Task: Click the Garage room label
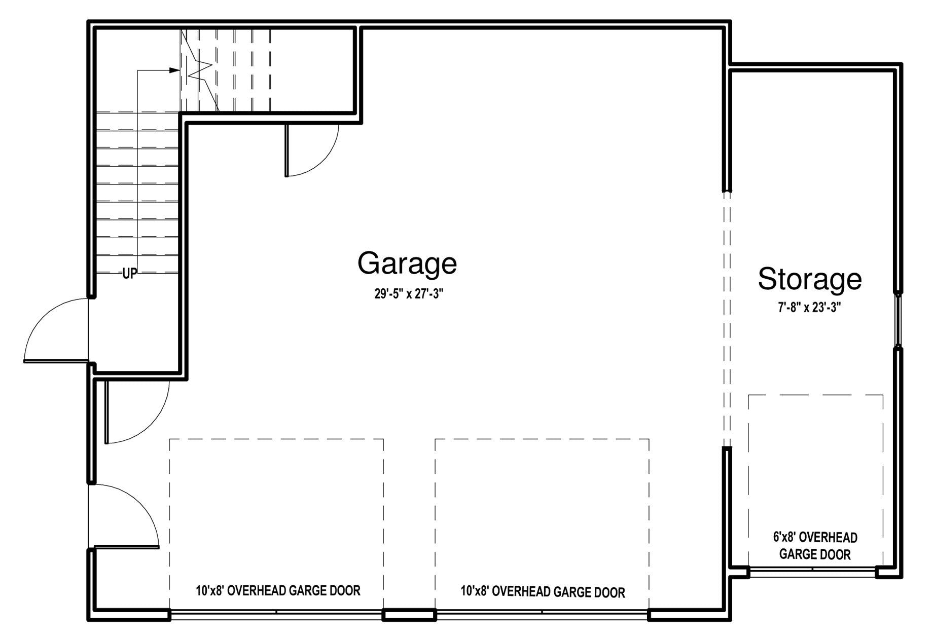[x=407, y=264]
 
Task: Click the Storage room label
[x=810, y=279]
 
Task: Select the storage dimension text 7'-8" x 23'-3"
[x=810, y=308]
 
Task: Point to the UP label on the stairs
[x=129, y=274]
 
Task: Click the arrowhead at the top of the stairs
[x=174, y=70]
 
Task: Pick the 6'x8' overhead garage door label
[x=815, y=546]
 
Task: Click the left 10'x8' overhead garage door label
[x=278, y=590]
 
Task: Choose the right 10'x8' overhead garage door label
[x=543, y=591]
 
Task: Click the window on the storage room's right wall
[x=898, y=320]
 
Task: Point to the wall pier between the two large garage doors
[x=409, y=615]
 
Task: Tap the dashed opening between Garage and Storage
[x=727, y=319]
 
